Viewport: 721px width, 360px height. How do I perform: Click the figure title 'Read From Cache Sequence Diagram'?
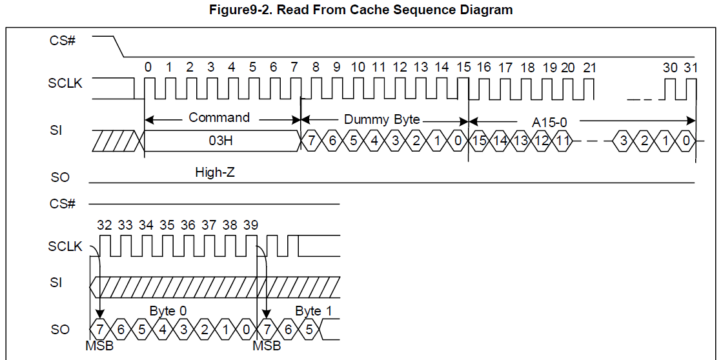361,10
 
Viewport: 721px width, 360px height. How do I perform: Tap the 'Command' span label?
219,117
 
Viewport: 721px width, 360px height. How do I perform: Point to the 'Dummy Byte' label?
382,119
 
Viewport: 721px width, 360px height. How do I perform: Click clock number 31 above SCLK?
691,67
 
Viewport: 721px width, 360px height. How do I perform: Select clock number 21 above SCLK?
589,67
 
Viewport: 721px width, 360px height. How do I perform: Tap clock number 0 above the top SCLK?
148,67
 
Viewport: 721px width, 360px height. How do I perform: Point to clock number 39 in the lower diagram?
251,225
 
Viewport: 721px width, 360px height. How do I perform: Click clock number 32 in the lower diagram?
105,225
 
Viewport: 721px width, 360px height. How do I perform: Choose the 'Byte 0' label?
168,311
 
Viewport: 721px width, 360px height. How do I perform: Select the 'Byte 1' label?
313,311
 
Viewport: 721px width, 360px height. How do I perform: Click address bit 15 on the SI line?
479,141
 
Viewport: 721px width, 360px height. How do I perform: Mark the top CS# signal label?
63,41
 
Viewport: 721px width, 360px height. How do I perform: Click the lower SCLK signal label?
65,246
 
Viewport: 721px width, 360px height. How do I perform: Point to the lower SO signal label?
60,330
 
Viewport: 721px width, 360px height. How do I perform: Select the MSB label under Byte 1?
267,346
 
